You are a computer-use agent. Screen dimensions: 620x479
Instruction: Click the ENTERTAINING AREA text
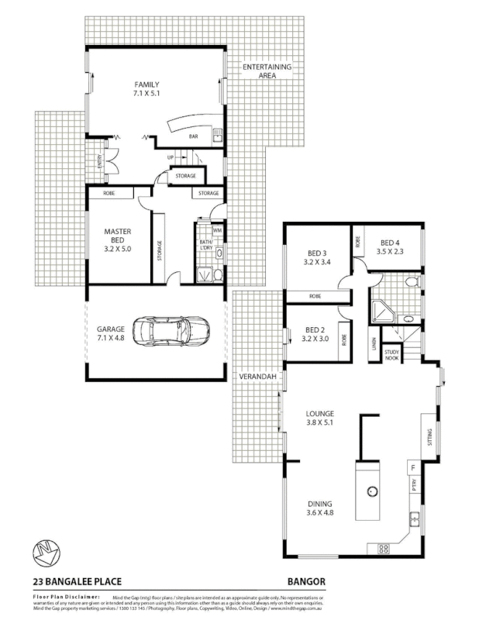click(267, 71)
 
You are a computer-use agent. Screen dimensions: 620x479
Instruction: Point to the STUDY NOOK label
click(392, 355)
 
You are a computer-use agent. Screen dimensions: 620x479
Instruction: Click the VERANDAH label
click(257, 376)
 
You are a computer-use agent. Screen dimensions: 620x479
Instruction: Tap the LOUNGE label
click(319, 414)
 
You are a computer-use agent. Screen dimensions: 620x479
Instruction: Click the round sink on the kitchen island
click(372, 490)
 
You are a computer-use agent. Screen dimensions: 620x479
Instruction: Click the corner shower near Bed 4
click(381, 312)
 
